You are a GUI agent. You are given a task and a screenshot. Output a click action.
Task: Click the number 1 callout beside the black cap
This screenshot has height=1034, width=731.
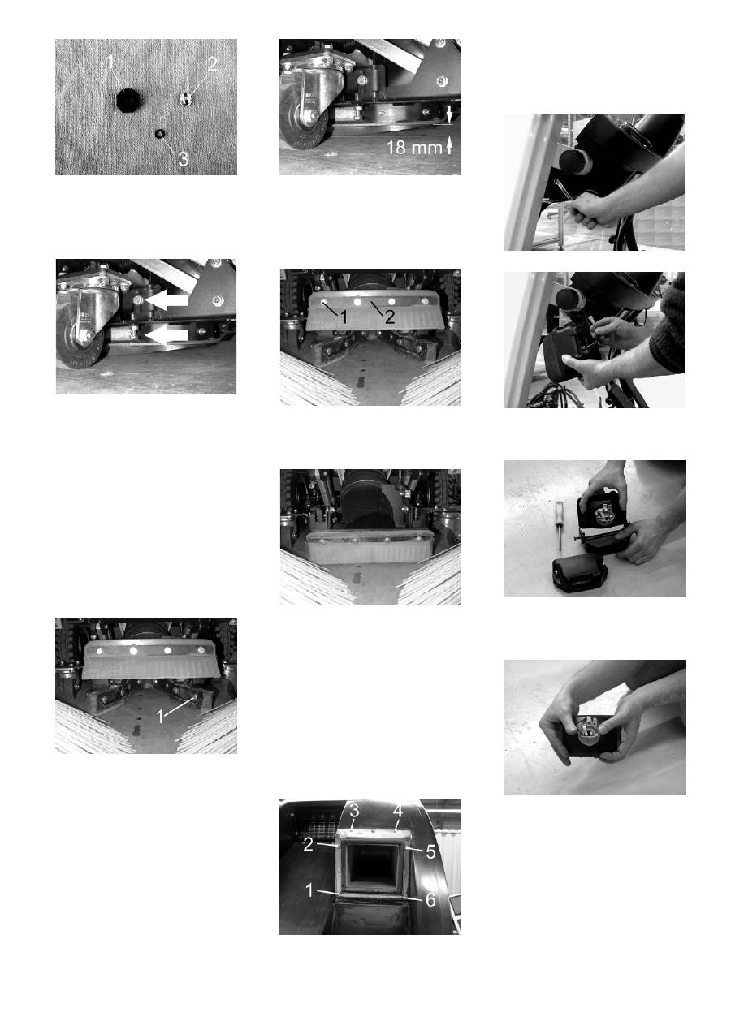tap(110, 62)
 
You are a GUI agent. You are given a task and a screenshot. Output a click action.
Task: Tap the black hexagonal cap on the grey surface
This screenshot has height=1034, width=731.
tap(126, 100)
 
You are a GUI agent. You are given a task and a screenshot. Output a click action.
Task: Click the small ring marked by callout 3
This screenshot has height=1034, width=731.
tap(159, 133)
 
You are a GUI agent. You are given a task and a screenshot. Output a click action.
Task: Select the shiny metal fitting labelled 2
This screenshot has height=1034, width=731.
tap(185, 98)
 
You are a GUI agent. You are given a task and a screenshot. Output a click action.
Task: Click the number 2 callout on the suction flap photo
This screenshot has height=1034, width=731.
tap(390, 317)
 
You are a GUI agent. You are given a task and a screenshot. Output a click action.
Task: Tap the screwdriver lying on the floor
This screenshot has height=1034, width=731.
tap(559, 524)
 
